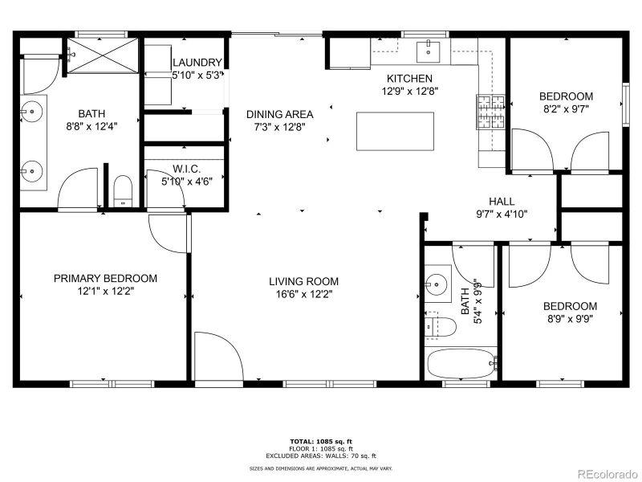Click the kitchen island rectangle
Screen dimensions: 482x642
395,132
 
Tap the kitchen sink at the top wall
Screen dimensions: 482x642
429,52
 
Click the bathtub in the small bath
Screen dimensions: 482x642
461,364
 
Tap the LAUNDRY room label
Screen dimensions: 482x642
196,63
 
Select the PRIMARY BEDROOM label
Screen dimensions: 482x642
105,279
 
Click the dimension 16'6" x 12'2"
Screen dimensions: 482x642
303,294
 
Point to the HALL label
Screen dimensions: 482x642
502,202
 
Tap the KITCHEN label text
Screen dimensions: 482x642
409,79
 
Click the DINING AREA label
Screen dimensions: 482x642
279,114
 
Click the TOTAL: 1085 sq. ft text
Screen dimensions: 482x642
321,441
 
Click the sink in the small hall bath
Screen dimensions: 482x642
437,284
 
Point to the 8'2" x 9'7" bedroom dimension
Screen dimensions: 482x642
566,109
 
